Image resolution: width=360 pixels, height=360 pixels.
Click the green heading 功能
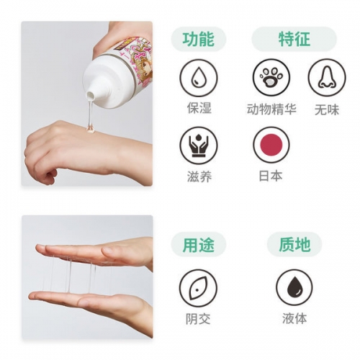coord(198,39)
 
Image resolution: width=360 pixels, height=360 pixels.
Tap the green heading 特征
coord(294,39)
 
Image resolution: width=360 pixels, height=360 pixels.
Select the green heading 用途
coord(198,245)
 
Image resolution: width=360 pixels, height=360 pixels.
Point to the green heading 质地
coord(294,245)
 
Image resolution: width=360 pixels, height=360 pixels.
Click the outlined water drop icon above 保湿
coord(199,78)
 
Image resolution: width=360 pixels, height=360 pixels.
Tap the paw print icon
coord(271,77)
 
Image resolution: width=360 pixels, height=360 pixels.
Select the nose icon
coord(327,77)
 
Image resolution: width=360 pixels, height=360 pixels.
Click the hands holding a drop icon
coord(199,145)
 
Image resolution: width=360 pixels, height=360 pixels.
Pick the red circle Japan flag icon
coord(271,145)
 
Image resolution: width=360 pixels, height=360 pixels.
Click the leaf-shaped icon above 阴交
coord(198,288)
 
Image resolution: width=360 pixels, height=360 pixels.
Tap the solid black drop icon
coord(294,287)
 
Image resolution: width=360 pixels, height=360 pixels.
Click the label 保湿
coord(199,108)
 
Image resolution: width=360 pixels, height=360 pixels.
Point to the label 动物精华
coord(271,109)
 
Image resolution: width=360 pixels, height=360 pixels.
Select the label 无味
coord(327,110)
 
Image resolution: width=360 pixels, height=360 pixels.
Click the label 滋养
coord(199,177)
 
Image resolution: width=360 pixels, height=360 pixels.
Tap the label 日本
coord(271,176)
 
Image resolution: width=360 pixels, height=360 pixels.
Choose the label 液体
coord(294,318)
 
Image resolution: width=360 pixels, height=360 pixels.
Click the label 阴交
coord(198,319)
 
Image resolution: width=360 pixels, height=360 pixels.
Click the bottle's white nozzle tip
coord(90,96)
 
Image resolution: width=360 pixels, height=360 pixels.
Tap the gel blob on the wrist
coord(90,130)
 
